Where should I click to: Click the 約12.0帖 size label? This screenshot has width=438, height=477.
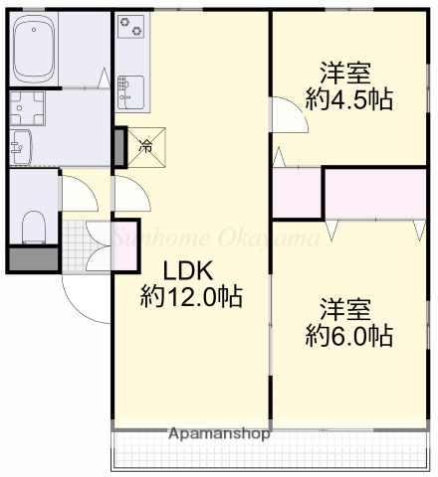point(191,295)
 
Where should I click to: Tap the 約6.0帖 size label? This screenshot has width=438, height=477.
point(347,336)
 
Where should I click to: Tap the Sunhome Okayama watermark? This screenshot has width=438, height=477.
point(214,238)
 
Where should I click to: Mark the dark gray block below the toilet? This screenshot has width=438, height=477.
point(34,258)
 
